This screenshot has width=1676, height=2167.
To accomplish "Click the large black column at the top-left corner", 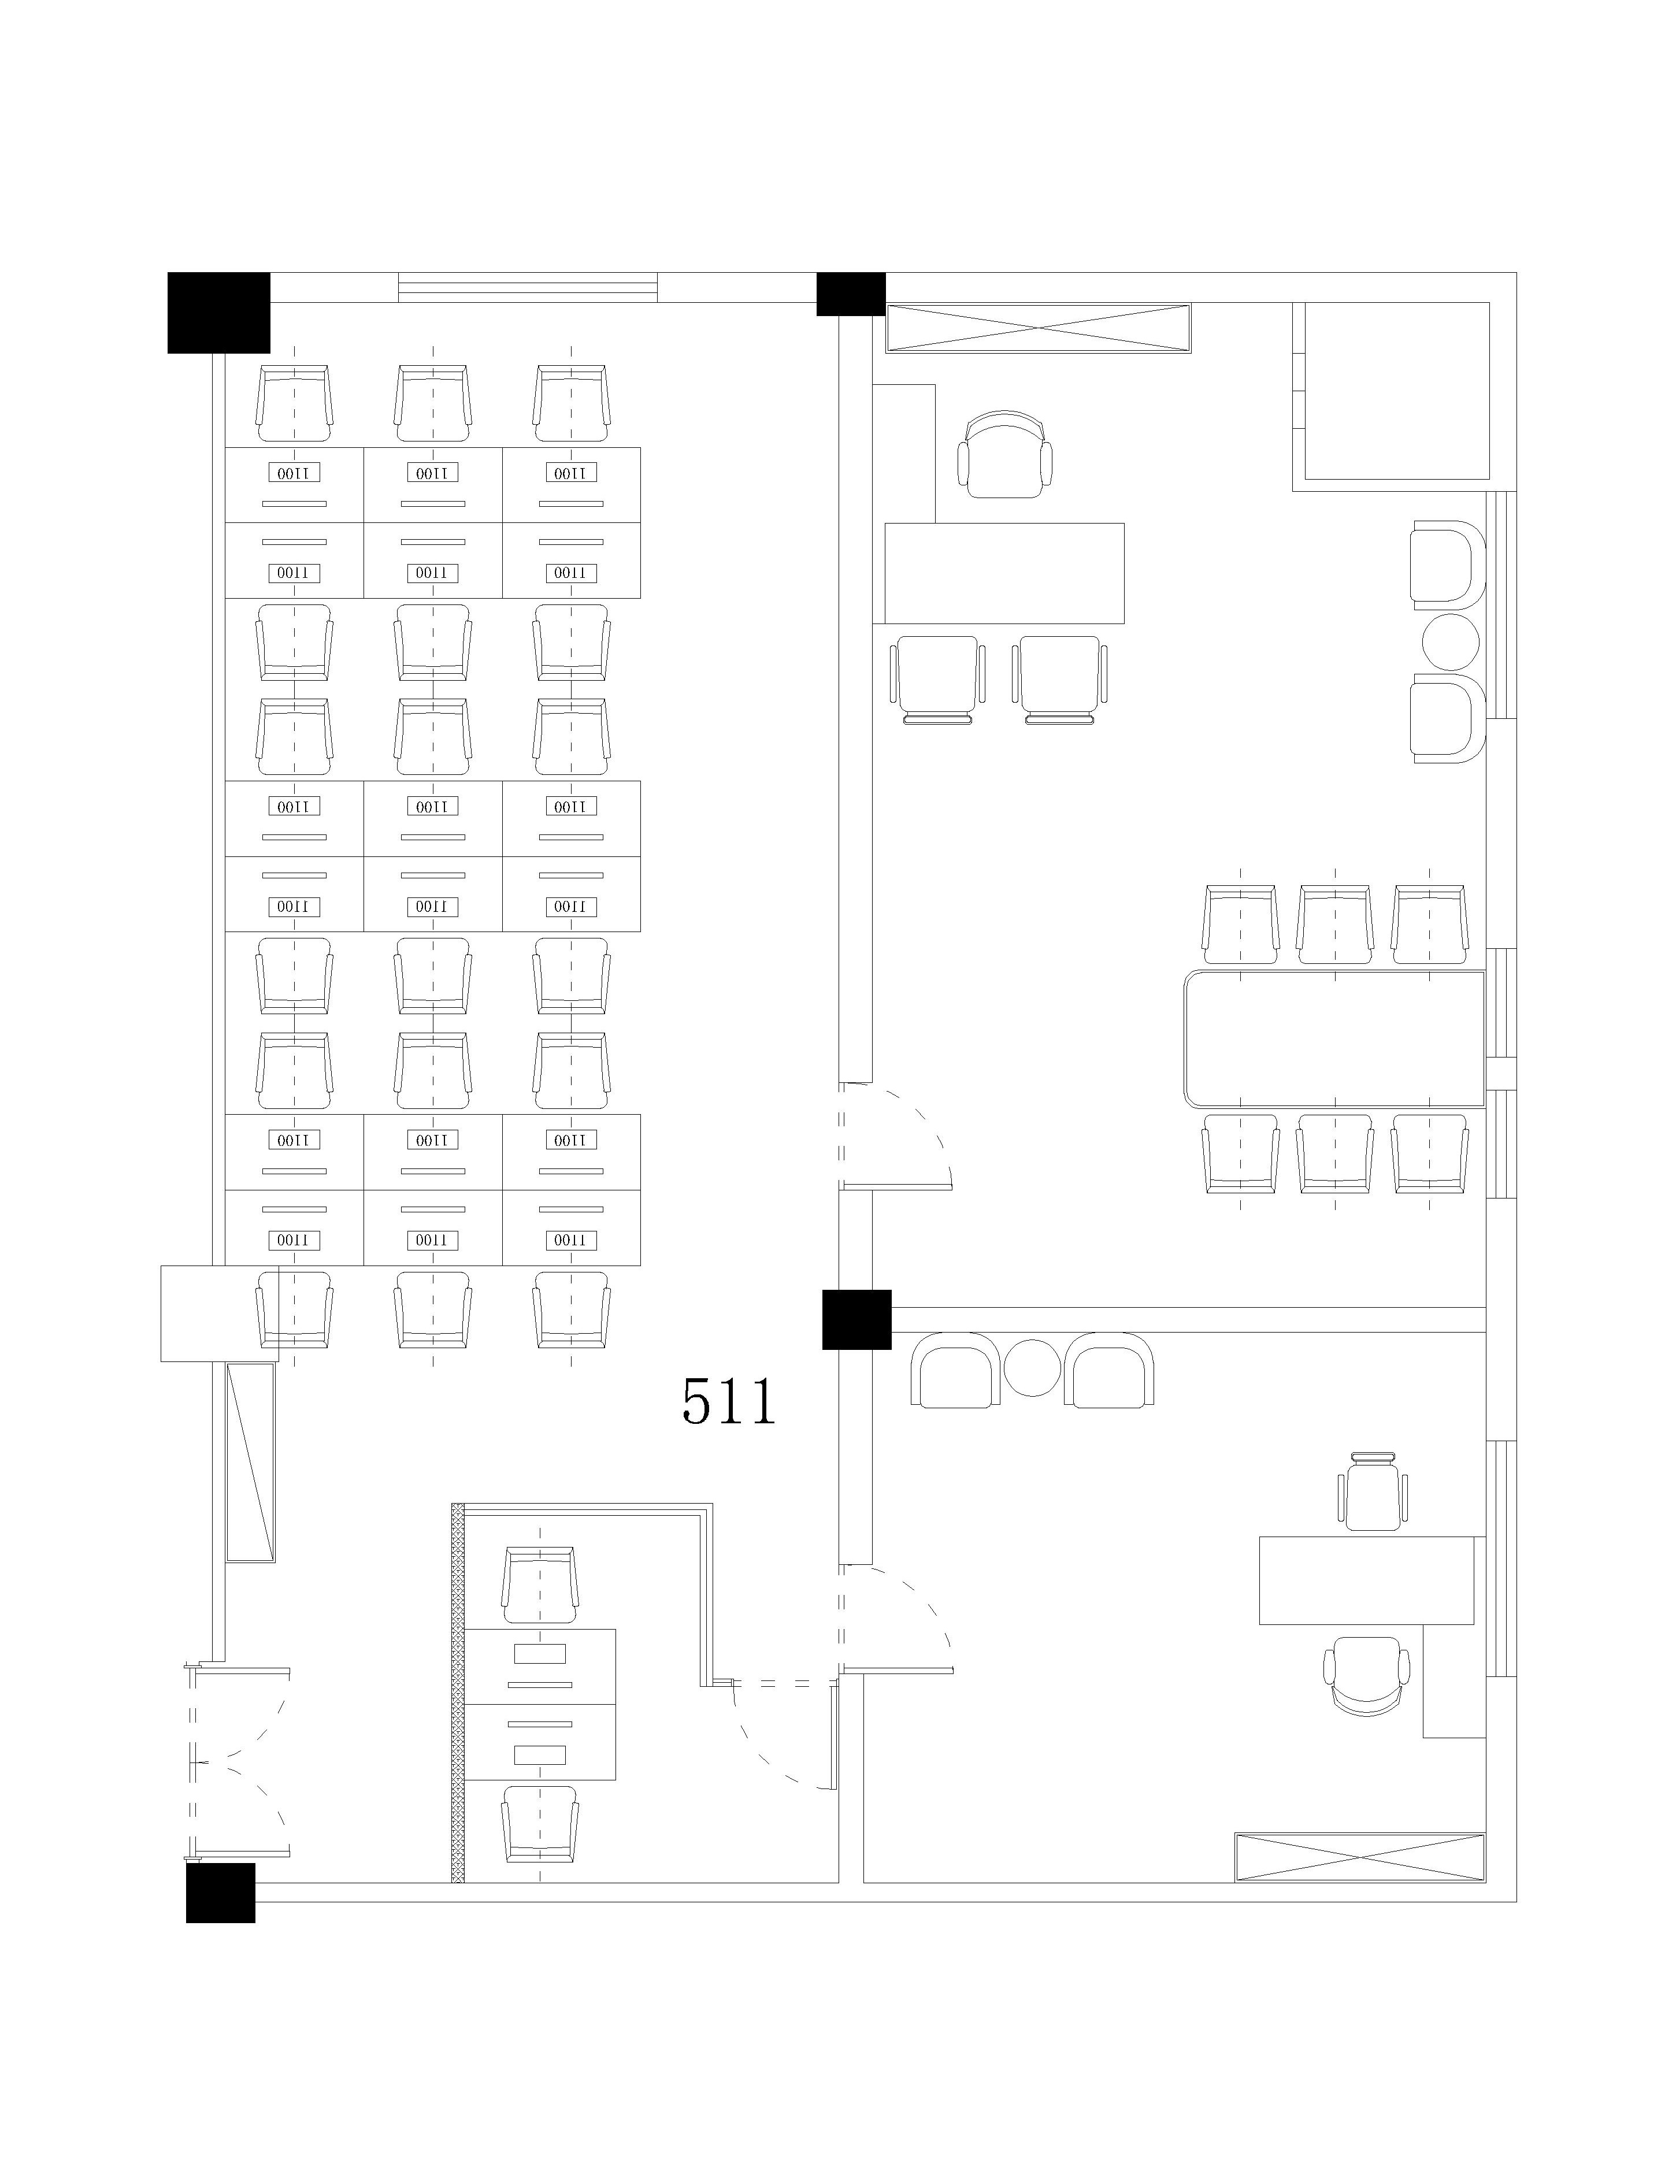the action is pos(218,313).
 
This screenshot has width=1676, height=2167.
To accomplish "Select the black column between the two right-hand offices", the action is pos(856,1320).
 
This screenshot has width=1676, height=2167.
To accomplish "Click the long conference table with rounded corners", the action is pos(1334,1038).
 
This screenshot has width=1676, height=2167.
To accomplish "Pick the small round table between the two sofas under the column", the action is pos(1033,1367).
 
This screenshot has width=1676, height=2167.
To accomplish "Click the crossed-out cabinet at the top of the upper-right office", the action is pos(1038,328).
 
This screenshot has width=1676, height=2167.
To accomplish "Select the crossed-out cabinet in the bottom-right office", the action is pos(1359,1857).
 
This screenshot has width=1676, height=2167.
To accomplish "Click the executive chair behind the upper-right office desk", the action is pos(1005,454).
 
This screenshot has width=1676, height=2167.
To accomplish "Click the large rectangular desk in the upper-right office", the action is pos(1004,573).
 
